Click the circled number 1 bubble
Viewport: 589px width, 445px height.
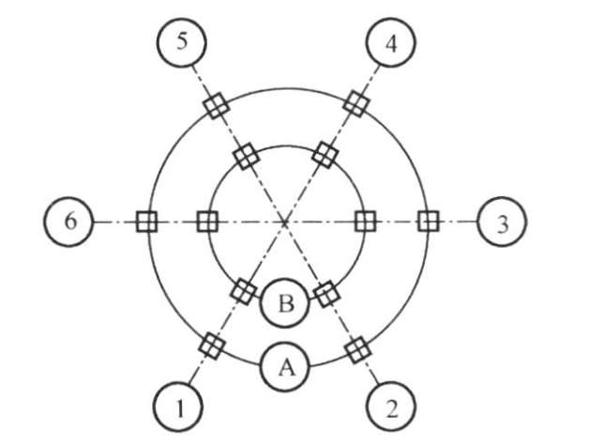coord(178,407)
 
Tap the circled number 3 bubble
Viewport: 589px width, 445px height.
coord(502,222)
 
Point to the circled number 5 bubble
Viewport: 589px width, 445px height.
coord(181,43)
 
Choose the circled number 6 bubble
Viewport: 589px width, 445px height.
coord(68,222)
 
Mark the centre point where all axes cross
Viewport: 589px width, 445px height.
coord(285,222)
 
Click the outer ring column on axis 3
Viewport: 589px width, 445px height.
coord(429,222)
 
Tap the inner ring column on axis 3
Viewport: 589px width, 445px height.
coord(366,222)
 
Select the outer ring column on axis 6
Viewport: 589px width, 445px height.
coord(145,222)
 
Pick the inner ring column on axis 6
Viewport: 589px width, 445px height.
coord(207,222)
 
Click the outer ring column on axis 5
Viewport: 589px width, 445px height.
coord(216,104)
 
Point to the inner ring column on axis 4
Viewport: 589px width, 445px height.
coord(325,153)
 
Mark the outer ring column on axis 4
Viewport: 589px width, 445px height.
coord(355,102)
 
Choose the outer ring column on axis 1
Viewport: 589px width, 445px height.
coord(214,346)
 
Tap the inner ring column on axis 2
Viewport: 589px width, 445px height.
coord(325,294)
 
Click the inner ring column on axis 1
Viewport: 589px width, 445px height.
coord(246,291)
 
